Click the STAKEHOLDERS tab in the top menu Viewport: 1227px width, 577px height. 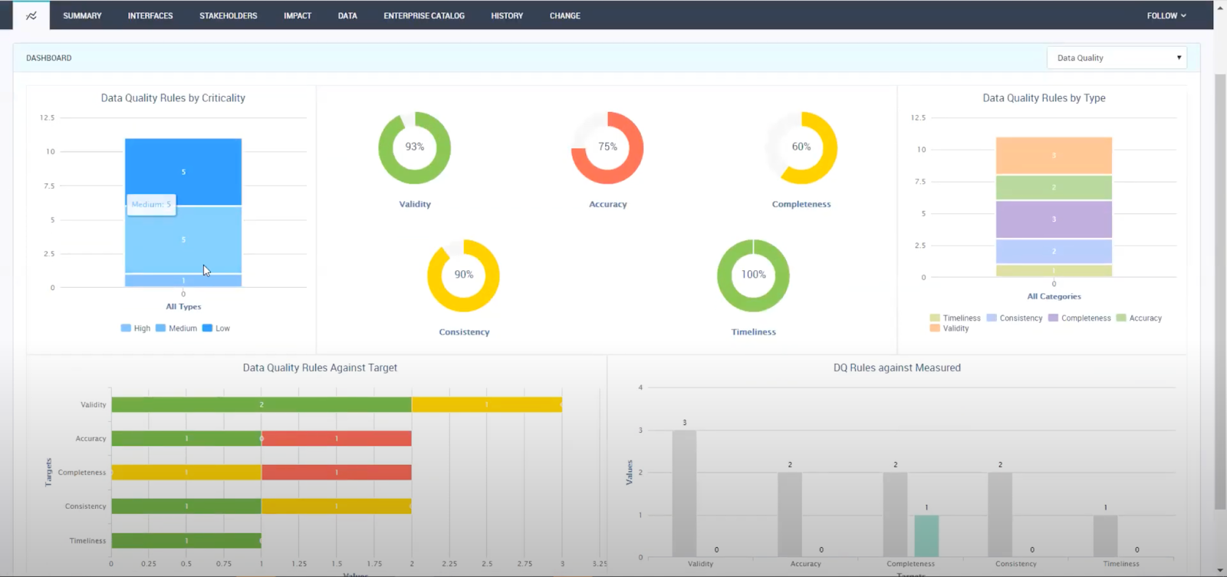(228, 15)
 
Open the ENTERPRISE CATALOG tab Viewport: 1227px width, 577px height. (423, 15)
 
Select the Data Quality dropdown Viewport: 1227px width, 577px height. (1116, 58)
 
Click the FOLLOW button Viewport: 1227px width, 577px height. (1166, 15)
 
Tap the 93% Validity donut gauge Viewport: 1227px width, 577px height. (414, 147)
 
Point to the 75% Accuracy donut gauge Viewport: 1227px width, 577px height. (607, 147)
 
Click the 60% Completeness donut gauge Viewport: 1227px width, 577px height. (801, 147)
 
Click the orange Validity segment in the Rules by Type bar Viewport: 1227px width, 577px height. (1054, 156)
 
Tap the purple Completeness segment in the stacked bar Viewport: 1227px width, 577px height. (1054, 219)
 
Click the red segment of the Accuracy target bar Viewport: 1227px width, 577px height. (337, 439)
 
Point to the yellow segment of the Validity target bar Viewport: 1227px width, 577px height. (486, 404)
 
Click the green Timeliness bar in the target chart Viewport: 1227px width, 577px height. (186, 541)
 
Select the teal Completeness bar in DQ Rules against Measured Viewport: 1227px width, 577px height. (926, 536)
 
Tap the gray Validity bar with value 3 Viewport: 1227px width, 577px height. (684, 493)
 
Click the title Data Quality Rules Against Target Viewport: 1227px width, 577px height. (320, 368)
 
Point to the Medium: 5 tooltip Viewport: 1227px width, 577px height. (151, 204)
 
